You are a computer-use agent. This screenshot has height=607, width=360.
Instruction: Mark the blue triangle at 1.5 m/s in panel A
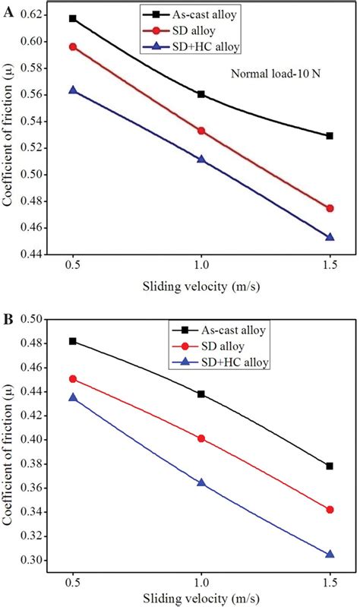coord(330,237)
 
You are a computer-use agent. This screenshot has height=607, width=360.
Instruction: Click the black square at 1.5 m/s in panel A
coord(330,136)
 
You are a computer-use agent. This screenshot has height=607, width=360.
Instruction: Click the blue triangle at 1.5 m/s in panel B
coord(330,555)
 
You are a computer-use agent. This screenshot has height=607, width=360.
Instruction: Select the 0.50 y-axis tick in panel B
coord(29,319)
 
